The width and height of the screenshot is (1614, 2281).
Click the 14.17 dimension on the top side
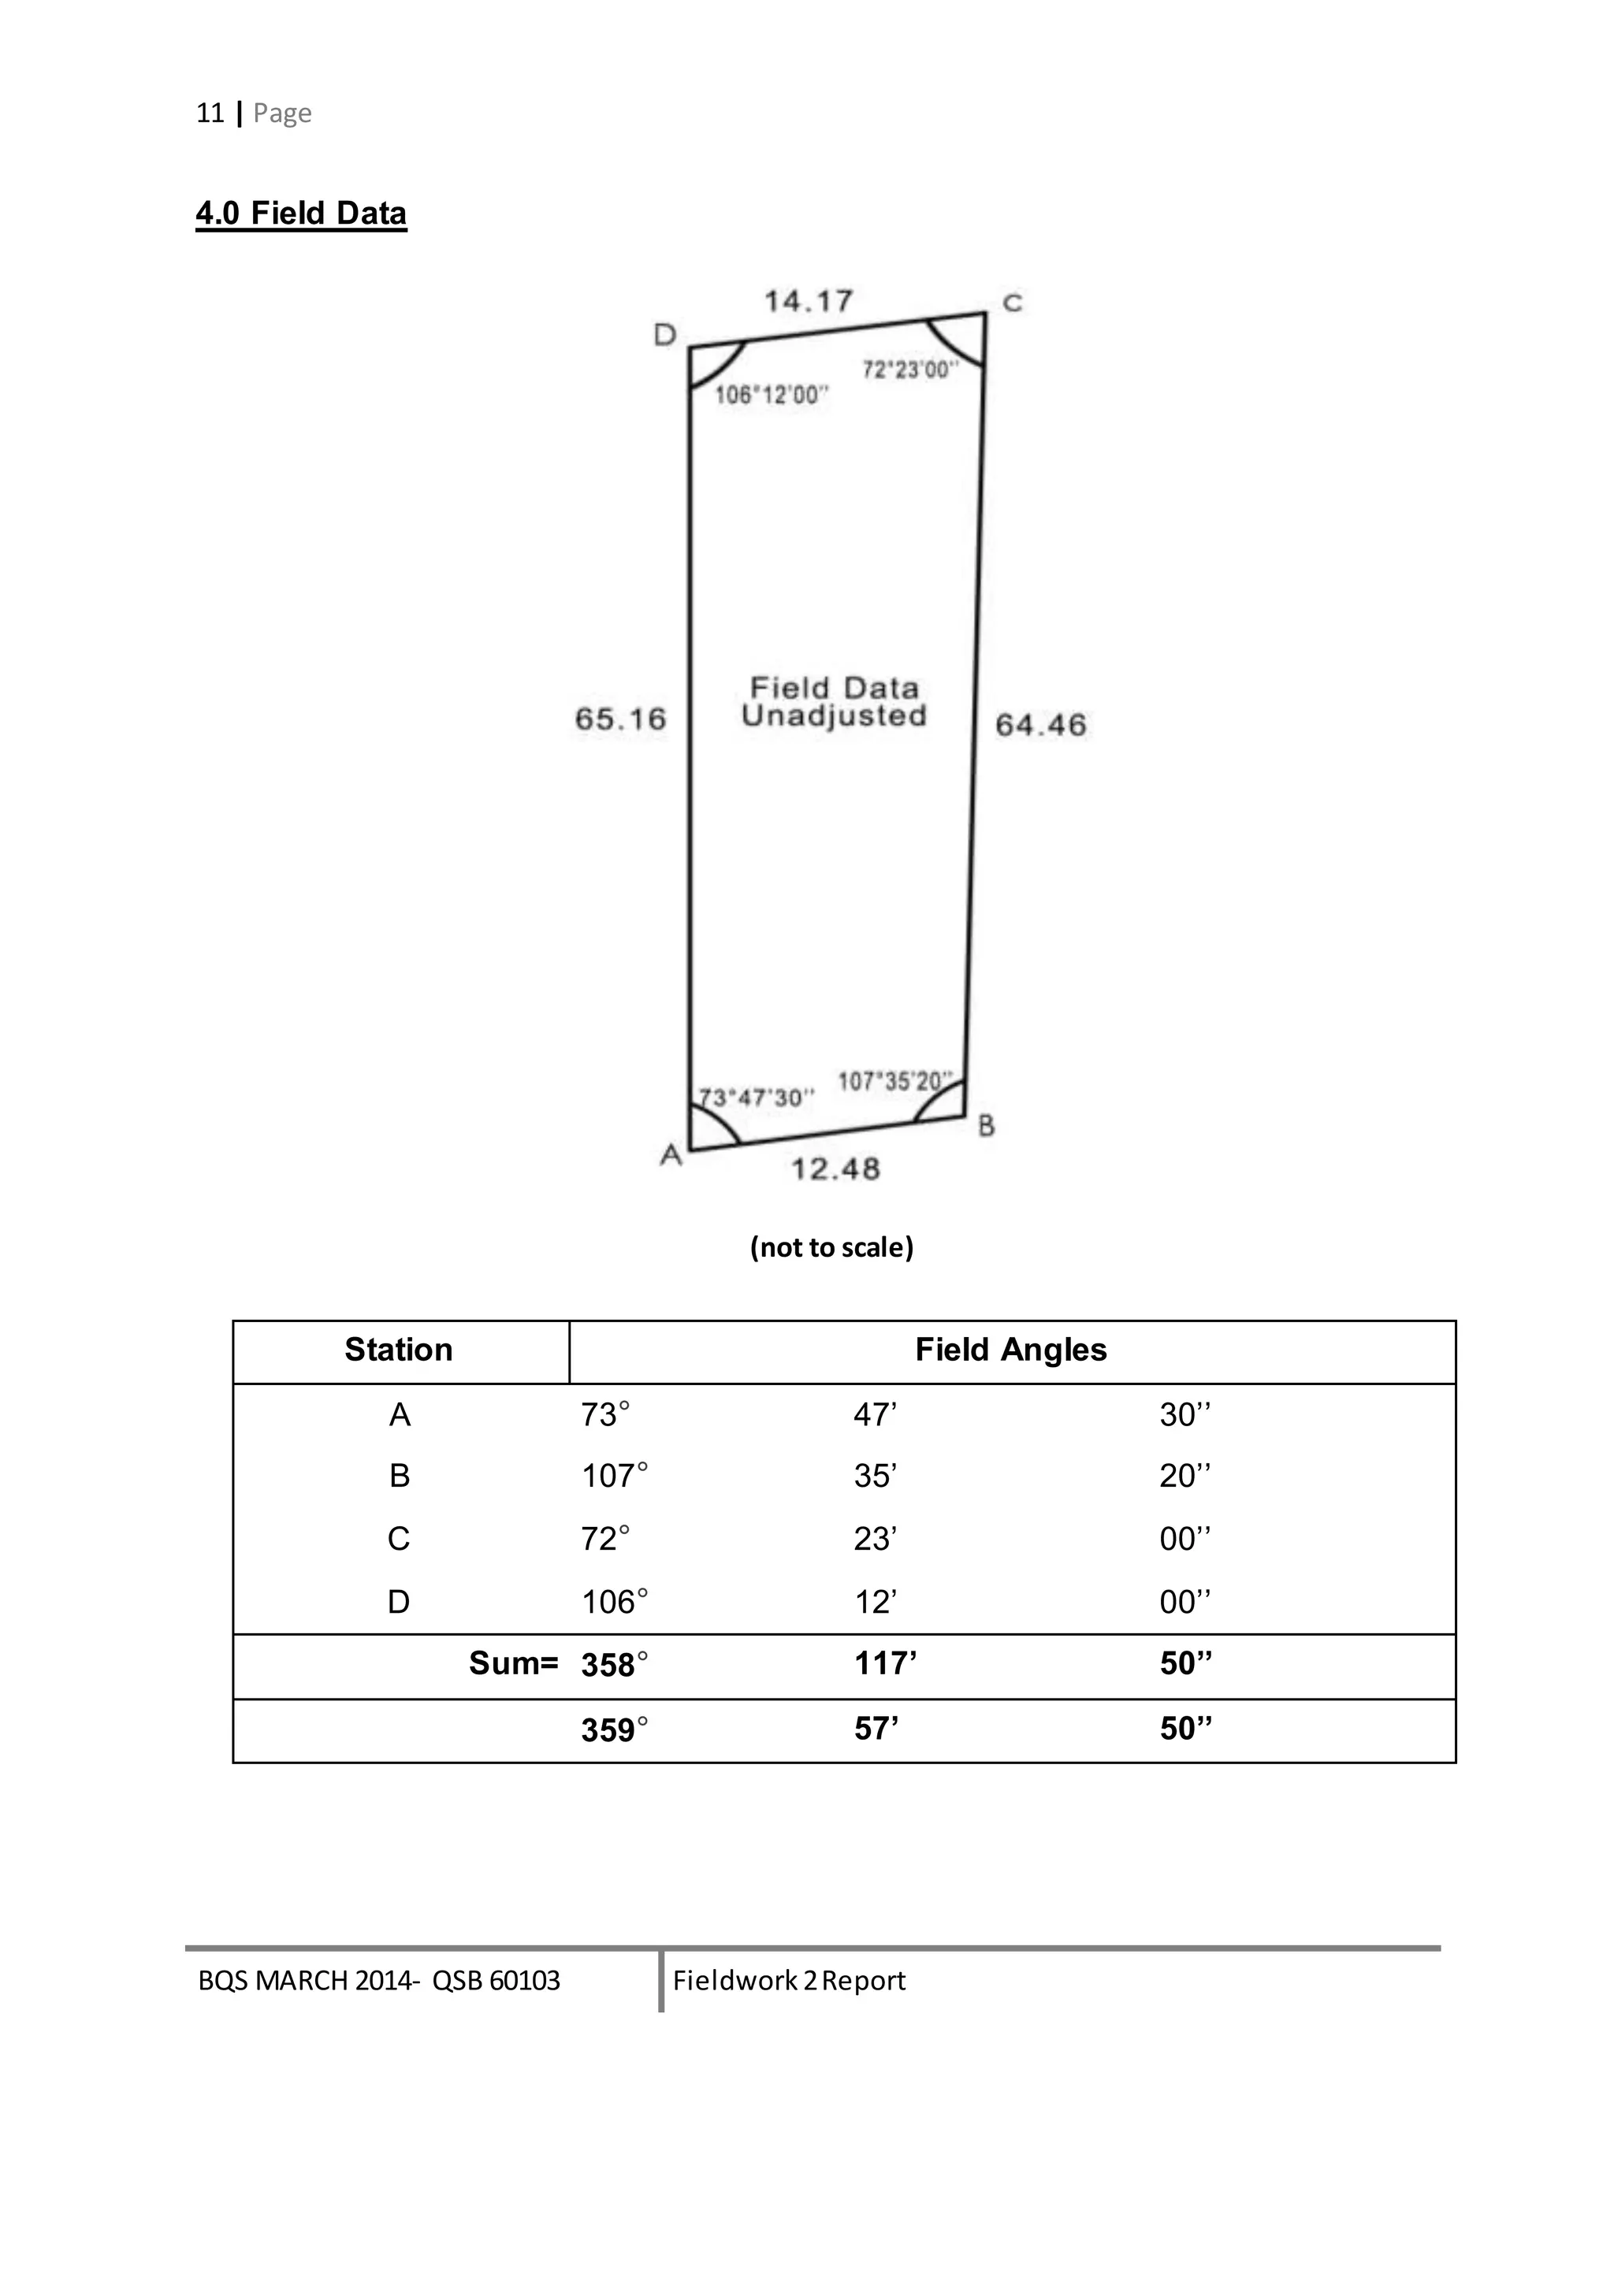[x=808, y=301]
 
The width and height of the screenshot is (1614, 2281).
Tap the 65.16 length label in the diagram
[x=620, y=719]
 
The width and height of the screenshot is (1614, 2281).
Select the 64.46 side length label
[x=1040, y=724]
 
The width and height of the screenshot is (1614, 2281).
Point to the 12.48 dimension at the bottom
[x=835, y=1168]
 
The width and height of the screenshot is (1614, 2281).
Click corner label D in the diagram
[x=665, y=336]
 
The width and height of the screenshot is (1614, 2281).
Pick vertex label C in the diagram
[x=1012, y=303]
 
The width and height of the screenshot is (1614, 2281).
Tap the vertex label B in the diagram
[x=986, y=1126]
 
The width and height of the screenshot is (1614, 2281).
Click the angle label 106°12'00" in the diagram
[x=772, y=396]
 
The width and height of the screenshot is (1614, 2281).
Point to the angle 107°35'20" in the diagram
[x=894, y=1081]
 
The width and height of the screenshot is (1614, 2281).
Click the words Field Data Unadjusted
[x=834, y=701]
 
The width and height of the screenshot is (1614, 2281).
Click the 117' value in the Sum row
[x=884, y=1663]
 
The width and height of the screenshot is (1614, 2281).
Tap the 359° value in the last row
[x=614, y=1729]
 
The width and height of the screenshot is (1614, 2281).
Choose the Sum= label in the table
[x=513, y=1663]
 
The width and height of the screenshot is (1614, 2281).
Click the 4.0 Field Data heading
[x=301, y=214]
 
